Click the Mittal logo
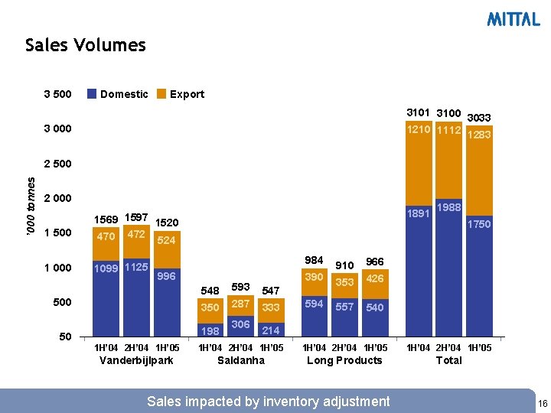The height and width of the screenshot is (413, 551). point(514,20)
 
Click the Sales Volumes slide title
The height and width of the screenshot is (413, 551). point(85,45)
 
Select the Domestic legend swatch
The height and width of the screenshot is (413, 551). point(91,94)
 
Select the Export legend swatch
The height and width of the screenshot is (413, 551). point(161,94)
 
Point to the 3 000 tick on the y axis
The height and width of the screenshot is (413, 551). point(58,129)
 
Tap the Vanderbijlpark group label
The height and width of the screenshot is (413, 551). point(136,360)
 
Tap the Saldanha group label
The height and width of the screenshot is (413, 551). point(241,360)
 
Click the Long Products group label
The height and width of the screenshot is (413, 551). point(344,360)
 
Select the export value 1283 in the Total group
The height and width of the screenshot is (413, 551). point(479,135)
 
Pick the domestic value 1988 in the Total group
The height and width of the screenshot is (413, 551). point(449,208)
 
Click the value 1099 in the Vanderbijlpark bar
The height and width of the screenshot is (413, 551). point(106,268)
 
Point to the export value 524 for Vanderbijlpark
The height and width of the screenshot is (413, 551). point(167,239)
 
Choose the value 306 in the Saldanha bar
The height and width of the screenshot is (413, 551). point(240,324)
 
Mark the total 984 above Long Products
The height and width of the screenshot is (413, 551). point(314,261)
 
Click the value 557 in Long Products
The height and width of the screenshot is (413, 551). point(344,307)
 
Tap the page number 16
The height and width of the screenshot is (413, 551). point(542,403)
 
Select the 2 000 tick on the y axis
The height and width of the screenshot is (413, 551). point(58,198)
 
